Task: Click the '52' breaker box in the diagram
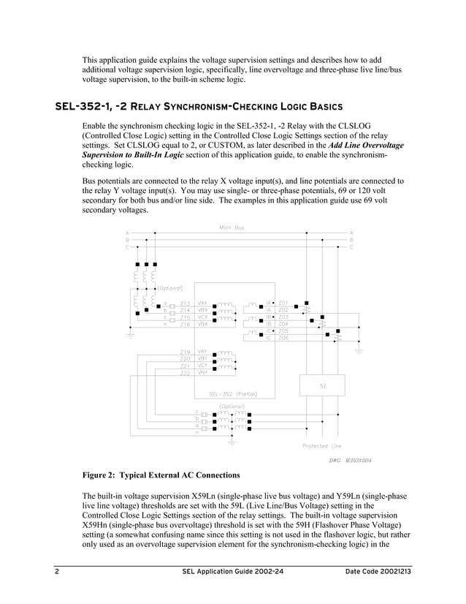pos(322,385)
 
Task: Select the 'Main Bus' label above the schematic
pos(232,227)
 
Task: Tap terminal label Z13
pos(186,303)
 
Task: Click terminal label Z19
pos(185,352)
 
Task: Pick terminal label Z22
pos(185,373)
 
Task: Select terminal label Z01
pos(283,302)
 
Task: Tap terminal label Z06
pos(283,337)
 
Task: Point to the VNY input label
pos(203,373)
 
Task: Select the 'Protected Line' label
pos(322,445)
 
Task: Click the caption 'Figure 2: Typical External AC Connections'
pos(161,475)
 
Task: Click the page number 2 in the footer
pos(56,570)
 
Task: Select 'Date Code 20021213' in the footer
pos(378,570)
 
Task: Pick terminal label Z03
pos(283,316)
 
